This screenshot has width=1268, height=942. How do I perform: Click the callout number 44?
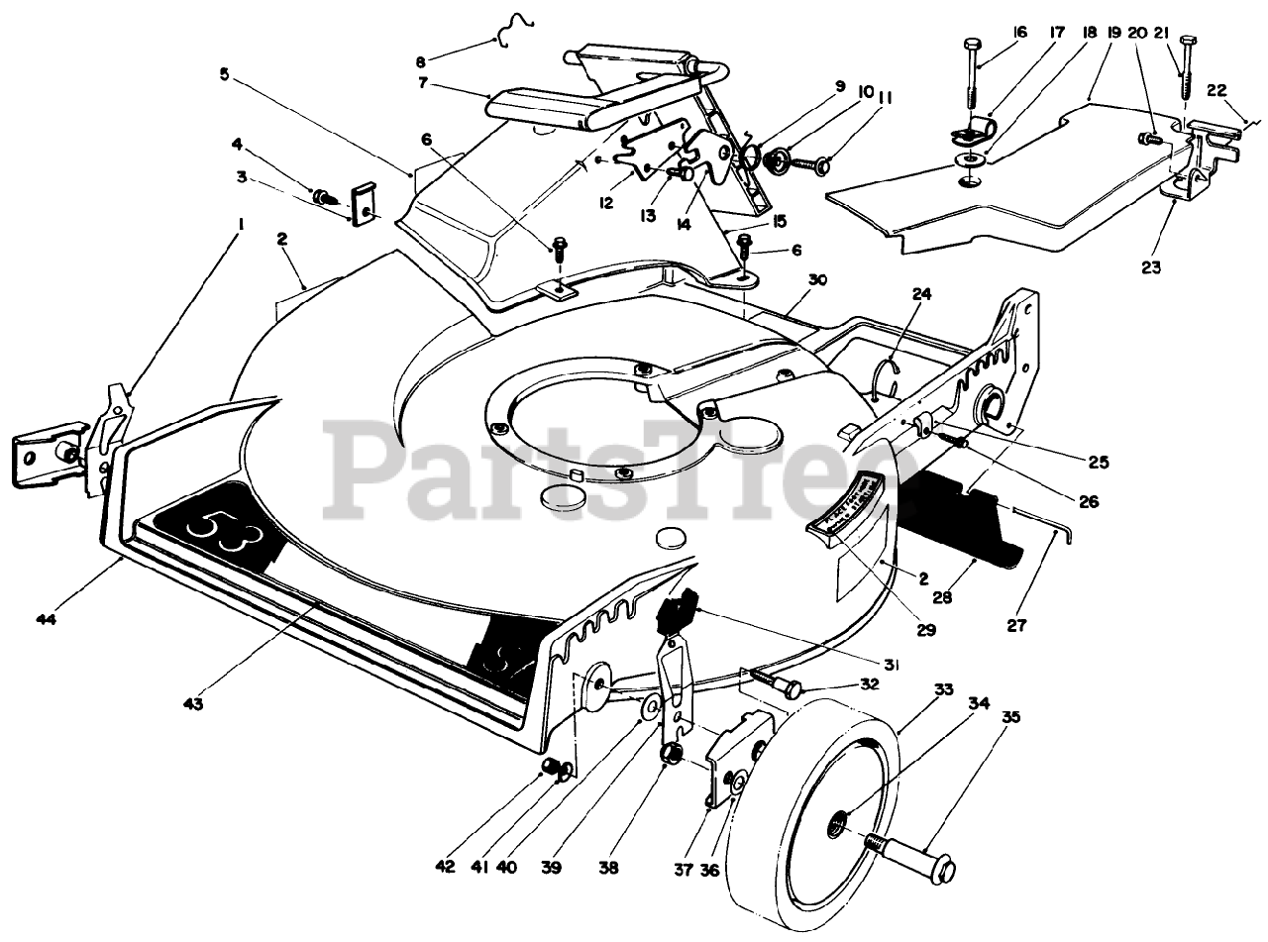[x=45, y=620]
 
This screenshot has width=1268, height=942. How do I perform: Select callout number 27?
[x=1017, y=626]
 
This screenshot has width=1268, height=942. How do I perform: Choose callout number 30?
[x=817, y=281]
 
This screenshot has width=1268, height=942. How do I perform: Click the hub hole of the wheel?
[x=839, y=818]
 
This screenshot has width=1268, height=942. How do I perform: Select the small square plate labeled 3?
[x=365, y=204]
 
